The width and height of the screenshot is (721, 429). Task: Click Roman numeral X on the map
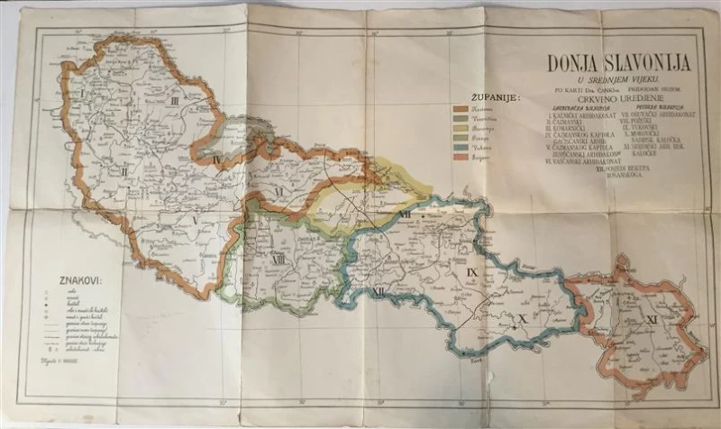(x=519, y=317)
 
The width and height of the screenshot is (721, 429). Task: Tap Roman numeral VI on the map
(x=279, y=192)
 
